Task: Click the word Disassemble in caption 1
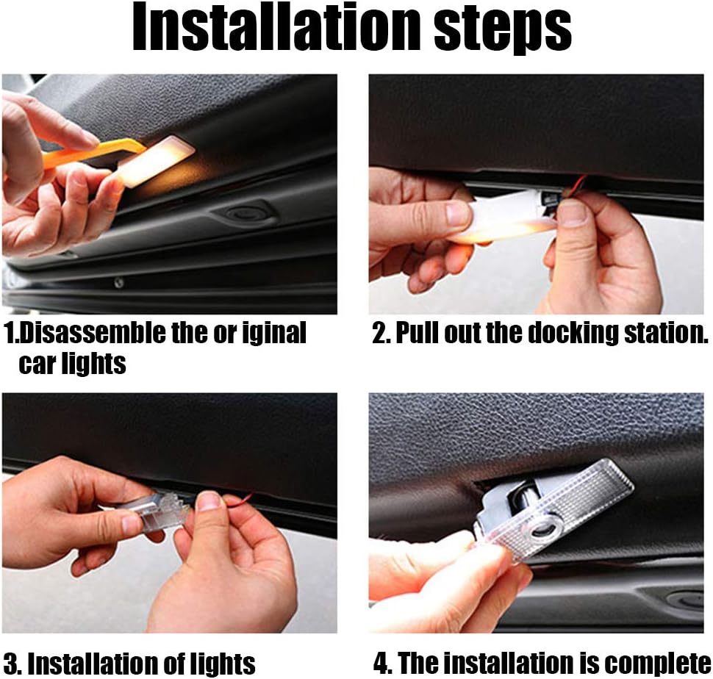click(93, 333)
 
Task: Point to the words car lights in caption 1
click(72, 364)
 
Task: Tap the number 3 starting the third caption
click(10, 664)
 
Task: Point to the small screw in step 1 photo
click(118, 283)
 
